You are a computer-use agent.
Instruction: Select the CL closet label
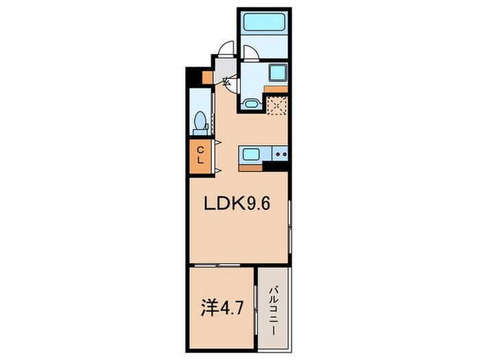pos(200,155)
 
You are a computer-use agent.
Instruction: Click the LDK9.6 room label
pos(237,204)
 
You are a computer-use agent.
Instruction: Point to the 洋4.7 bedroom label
pos(222,309)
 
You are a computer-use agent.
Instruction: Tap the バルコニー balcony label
pos(274,310)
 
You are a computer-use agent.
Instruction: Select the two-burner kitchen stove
pos(280,154)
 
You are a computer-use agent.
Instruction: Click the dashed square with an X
pos(277,106)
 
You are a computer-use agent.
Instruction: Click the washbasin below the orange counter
pos(251,103)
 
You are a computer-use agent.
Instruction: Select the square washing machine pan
pos(278,73)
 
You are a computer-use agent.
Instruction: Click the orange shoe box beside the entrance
pos(208,77)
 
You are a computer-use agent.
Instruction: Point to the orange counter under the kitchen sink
pos(251,169)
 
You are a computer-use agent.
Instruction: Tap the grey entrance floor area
pos(225,69)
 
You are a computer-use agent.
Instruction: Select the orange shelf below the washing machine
pos(276,89)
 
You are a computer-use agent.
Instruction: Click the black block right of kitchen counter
pos(275,166)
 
